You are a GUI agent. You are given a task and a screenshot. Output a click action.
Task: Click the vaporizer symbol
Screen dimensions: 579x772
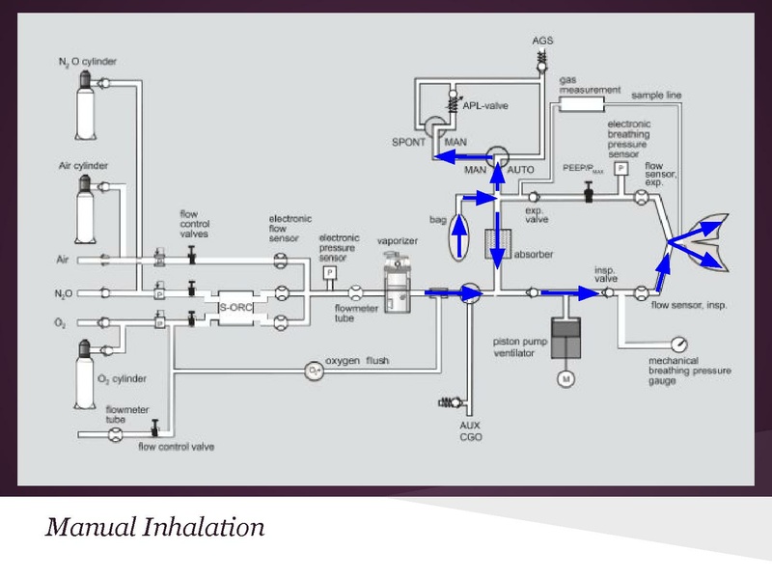point(395,286)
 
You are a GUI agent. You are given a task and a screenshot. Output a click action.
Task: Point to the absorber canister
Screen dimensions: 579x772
point(498,243)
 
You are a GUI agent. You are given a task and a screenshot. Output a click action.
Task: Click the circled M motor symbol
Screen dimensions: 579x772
point(566,379)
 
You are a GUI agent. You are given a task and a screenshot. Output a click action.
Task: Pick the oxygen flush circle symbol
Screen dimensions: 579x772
point(313,371)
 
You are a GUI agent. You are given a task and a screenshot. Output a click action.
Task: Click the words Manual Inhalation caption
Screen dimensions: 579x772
point(154,527)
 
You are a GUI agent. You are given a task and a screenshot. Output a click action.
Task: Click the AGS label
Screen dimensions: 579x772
point(543,41)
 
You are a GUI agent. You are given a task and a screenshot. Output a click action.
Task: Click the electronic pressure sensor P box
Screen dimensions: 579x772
point(330,273)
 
